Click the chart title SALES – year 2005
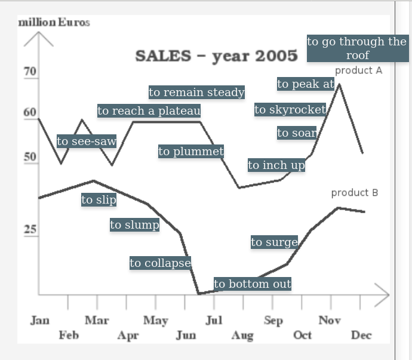click(216, 56)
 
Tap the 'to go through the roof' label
click(357, 48)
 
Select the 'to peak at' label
click(306, 84)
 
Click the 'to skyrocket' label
click(290, 109)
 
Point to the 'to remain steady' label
click(196, 92)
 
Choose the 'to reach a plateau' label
click(149, 110)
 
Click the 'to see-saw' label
click(87, 141)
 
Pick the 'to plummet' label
click(191, 152)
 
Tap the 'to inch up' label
click(276, 165)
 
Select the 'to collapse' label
click(160, 263)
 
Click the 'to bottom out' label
click(253, 284)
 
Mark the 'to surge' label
click(274, 242)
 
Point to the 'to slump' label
click(134, 224)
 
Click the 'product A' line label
click(358, 70)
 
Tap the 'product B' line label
click(355, 193)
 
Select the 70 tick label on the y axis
click(30, 72)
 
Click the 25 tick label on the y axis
click(30, 229)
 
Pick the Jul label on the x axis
click(214, 321)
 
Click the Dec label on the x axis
click(361, 335)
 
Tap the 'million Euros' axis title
click(54, 22)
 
